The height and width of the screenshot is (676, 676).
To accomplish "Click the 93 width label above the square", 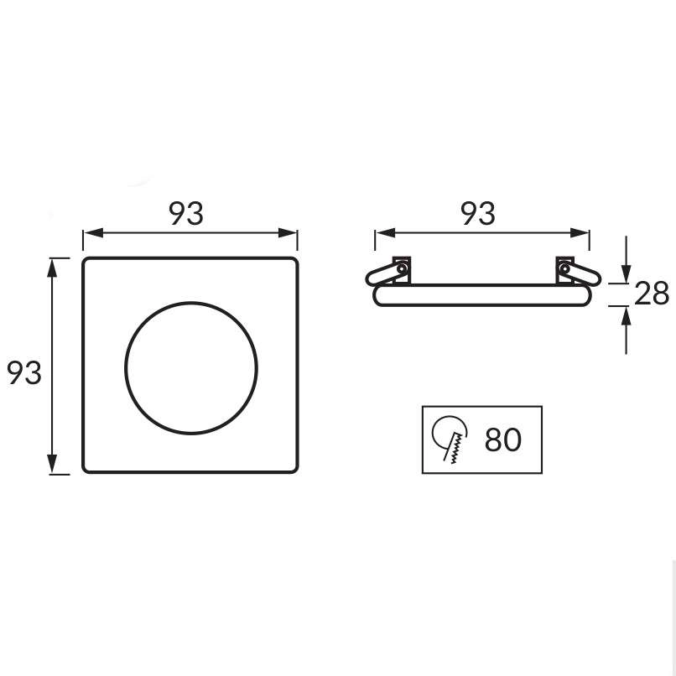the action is coord(186,214).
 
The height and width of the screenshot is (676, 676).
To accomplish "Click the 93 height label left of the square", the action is coord(24,373).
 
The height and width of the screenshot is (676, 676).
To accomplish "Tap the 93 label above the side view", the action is coord(478,214).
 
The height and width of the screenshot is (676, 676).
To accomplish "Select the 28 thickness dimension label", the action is coord(652,294).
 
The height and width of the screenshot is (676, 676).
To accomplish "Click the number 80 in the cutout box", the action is coord(503,439).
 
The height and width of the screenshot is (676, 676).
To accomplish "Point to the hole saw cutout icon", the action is coord(450,439).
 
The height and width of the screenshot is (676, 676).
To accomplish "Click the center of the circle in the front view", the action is coord(191,367).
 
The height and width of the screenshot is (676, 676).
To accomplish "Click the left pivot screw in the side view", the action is coord(402,269).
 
